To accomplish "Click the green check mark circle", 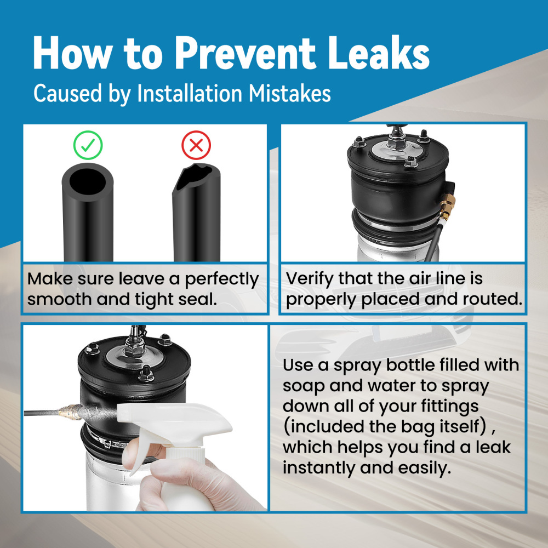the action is coord(88,145).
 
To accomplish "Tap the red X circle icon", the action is coord(196,145).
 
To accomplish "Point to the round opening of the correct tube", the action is coord(87,181).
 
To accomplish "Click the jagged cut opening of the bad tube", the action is coord(195,177).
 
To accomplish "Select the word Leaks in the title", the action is coord(379,53).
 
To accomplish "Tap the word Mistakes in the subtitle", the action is coord(290,93).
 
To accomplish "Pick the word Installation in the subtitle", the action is coord(190,93).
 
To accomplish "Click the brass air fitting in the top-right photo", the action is coord(446,208).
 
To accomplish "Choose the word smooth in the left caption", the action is coord(59,299).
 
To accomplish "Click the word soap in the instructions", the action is coord(304,386).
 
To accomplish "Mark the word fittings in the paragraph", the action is coord(450,407).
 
